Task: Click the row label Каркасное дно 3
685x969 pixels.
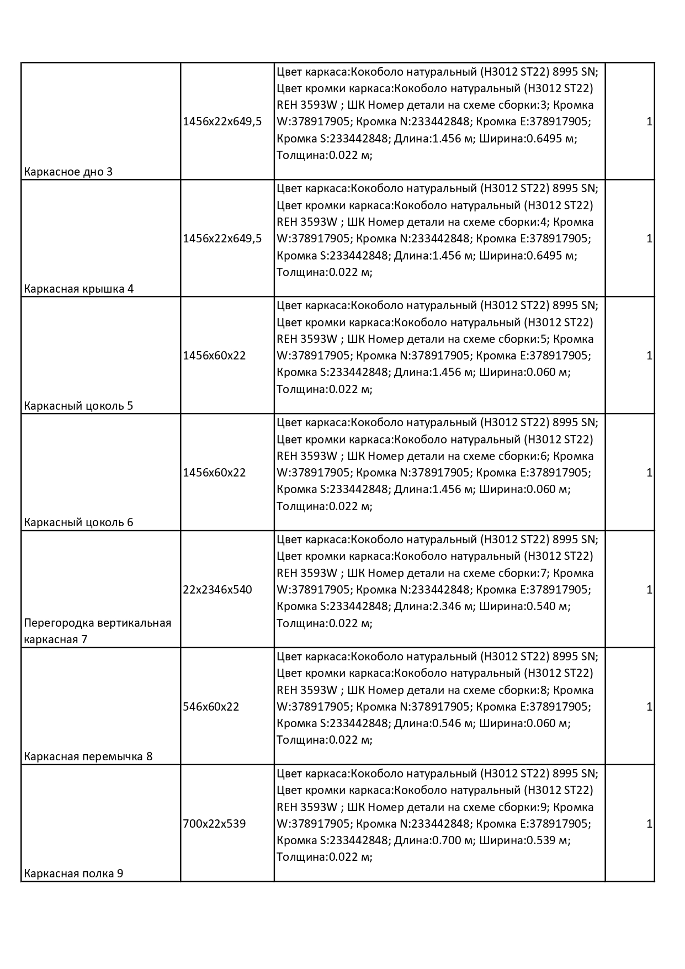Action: coord(68,172)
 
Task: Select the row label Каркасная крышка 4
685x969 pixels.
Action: coord(78,289)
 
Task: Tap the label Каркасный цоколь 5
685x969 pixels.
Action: coord(78,406)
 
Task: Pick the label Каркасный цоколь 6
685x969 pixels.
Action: coord(78,522)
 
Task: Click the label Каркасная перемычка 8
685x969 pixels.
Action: coord(88,756)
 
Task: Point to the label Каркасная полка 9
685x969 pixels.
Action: coord(73,873)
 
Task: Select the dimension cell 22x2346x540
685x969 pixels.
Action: coord(217,590)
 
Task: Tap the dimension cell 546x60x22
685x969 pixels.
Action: coord(211,707)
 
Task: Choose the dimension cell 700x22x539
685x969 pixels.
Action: coord(214,824)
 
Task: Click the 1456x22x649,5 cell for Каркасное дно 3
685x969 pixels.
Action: coord(222,121)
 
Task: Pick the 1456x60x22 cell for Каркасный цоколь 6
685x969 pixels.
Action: coord(214,473)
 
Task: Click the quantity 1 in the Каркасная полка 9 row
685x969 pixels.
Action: coord(649,824)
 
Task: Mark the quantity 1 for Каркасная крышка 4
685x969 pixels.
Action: coord(649,239)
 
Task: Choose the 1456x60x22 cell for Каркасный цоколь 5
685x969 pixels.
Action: coord(214,356)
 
